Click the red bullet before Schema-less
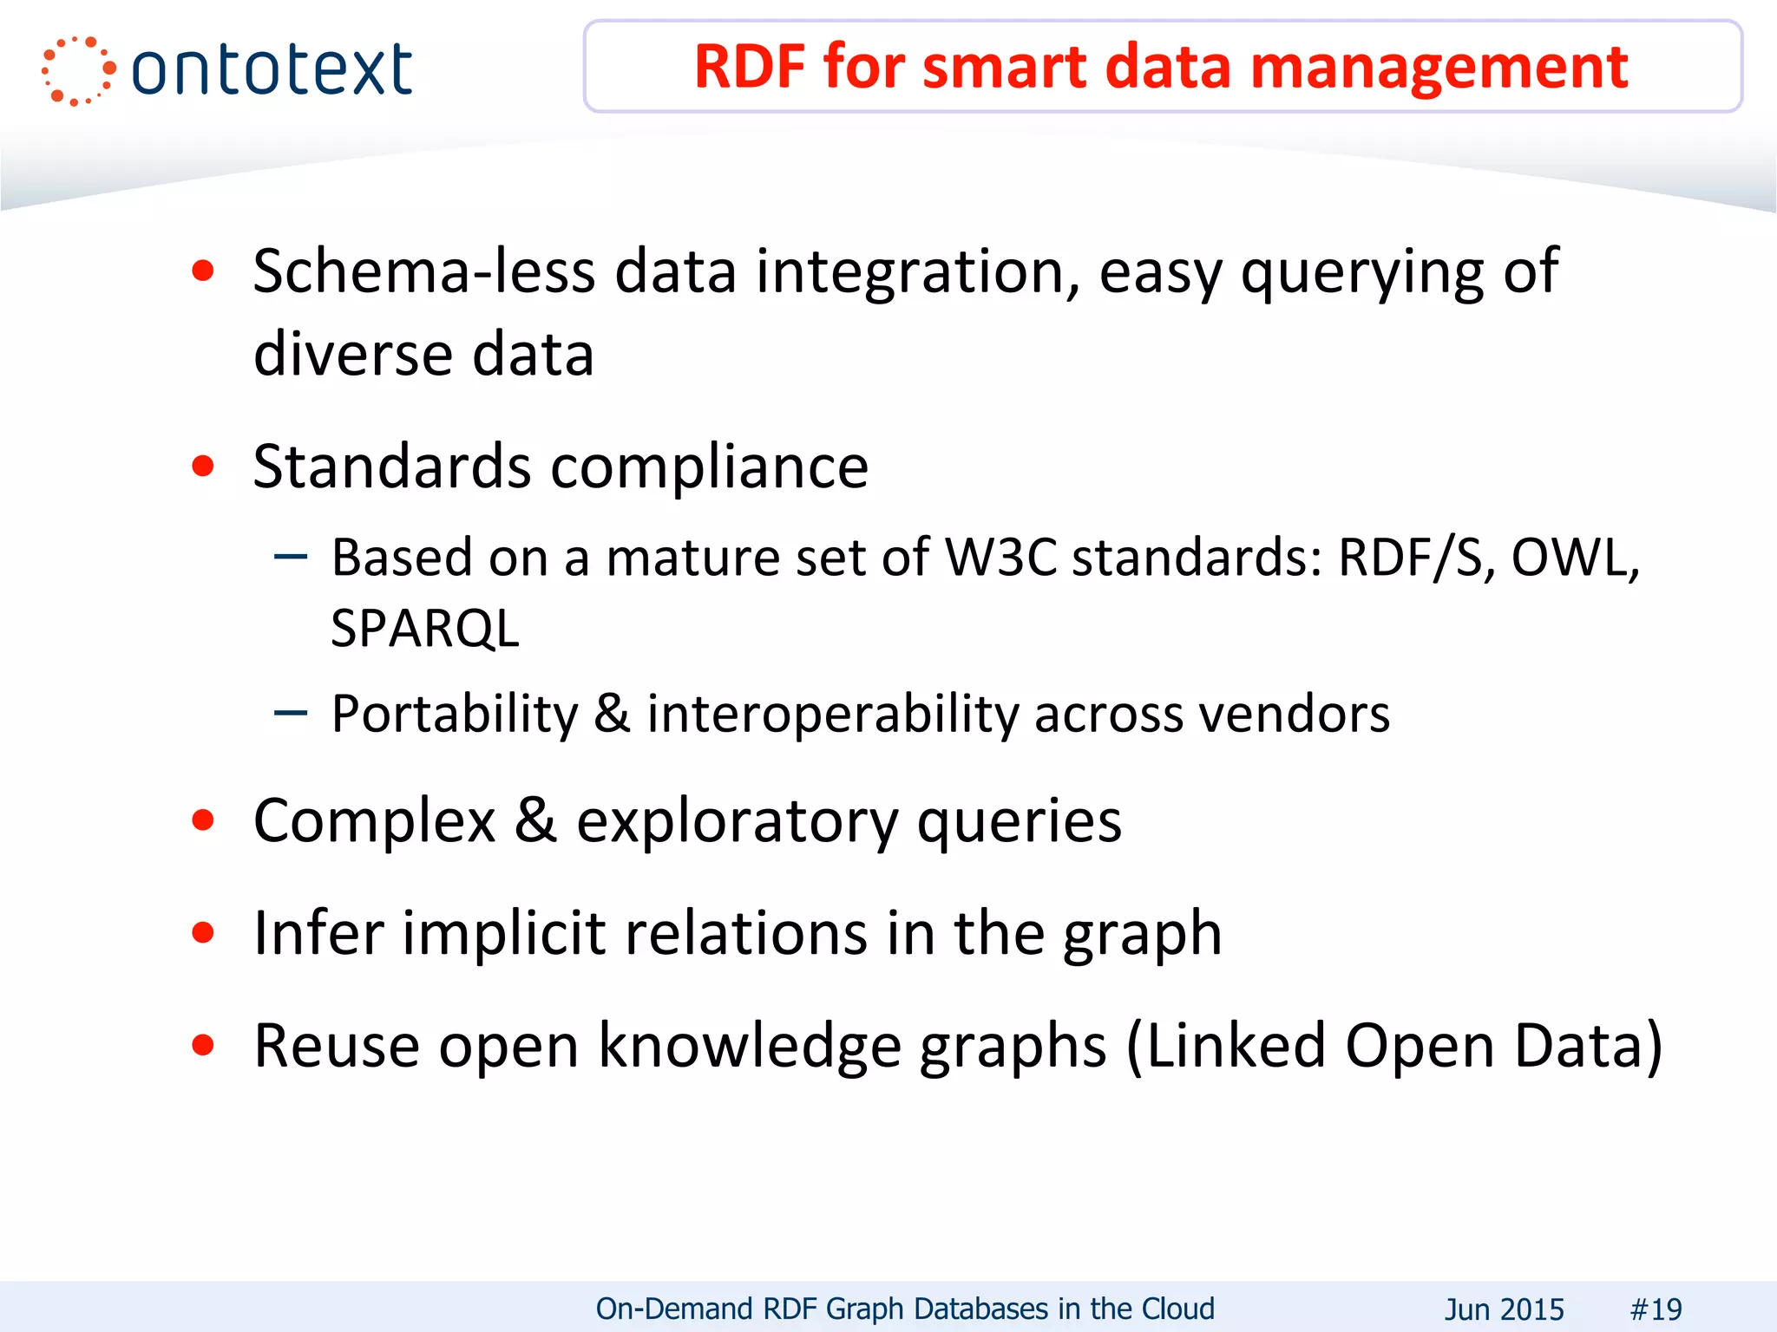(203, 271)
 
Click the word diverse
(353, 355)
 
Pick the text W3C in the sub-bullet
(1000, 557)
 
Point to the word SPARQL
(425, 629)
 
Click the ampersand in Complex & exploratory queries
(535, 820)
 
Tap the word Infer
(318, 934)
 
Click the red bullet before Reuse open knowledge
(203, 1046)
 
